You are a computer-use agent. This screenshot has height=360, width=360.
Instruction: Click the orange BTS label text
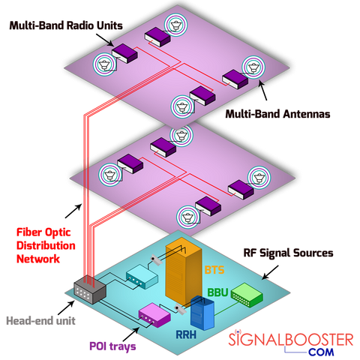coord(214,268)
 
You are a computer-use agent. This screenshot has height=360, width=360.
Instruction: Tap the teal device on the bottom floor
coord(141,278)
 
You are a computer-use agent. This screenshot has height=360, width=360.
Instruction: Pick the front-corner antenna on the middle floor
coord(185,217)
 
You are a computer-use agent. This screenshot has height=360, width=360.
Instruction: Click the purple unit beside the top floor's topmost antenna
coord(157,34)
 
